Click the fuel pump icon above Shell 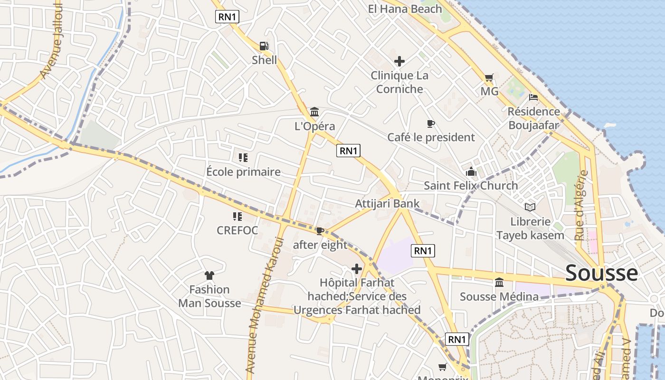click(264, 46)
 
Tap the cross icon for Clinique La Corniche click(399, 61)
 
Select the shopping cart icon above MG click(489, 77)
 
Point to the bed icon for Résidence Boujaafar click(533, 97)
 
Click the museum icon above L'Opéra click(314, 112)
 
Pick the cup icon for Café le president click(431, 124)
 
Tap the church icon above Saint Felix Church click(471, 171)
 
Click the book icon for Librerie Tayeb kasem click(530, 207)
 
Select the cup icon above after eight click(320, 231)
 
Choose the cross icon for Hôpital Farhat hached click(357, 269)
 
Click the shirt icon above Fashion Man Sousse click(209, 275)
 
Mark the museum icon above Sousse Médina click(499, 283)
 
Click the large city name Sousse click(602, 273)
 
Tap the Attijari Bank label click(388, 204)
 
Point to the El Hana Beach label click(405, 9)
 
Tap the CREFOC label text click(237, 230)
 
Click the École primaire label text click(244, 172)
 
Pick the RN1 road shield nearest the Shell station click(227, 17)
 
